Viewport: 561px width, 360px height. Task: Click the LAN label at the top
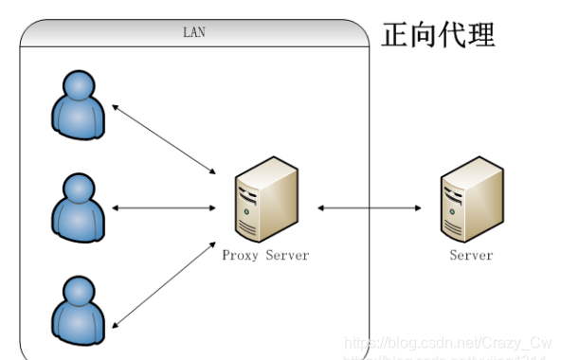tap(193, 32)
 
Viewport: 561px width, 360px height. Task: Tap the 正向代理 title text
tap(438, 35)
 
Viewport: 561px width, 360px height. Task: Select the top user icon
tap(78, 105)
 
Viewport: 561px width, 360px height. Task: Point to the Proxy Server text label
tap(265, 255)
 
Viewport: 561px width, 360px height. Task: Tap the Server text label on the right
tap(471, 255)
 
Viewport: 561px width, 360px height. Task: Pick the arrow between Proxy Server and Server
tap(367, 207)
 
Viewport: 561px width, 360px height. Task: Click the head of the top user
tap(78, 87)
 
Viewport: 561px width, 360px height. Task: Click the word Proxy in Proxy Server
tap(239, 255)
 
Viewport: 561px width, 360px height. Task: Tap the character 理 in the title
tap(480, 35)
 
